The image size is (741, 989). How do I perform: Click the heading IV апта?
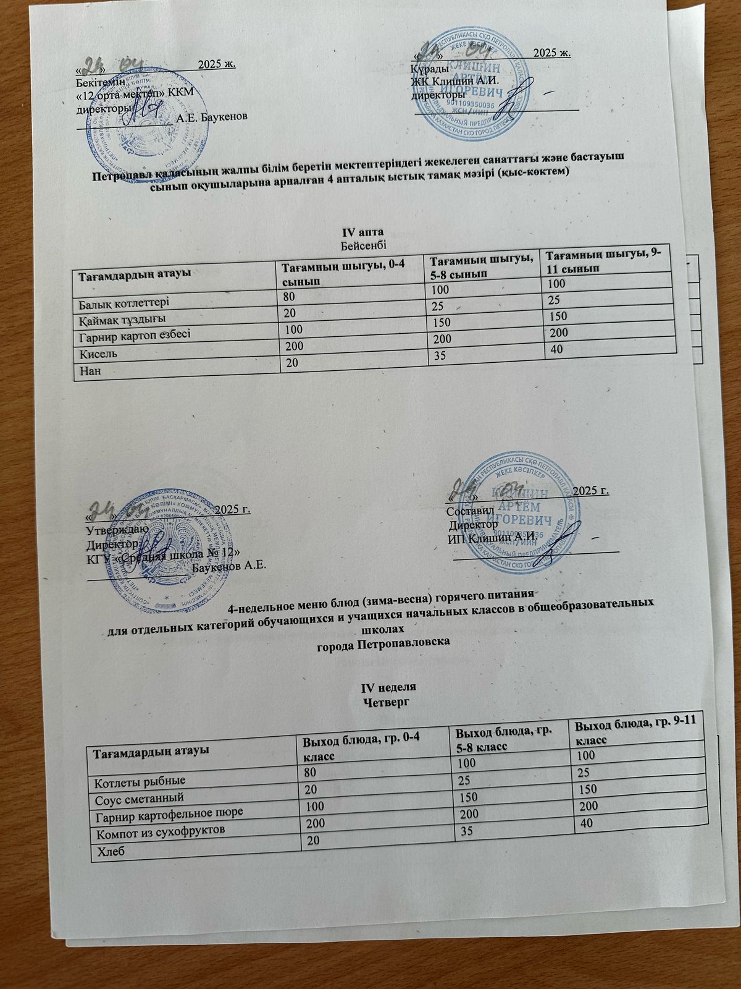(x=359, y=232)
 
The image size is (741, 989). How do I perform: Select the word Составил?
(x=469, y=511)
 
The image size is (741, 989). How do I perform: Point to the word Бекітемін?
(x=99, y=81)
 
